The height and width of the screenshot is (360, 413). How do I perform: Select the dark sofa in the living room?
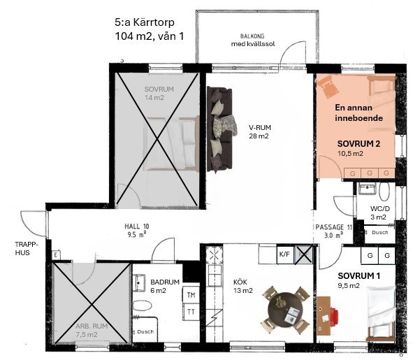tap(220, 129)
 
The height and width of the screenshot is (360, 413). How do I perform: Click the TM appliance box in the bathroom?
tap(191, 295)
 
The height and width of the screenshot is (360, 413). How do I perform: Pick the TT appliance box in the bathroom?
tap(191, 312)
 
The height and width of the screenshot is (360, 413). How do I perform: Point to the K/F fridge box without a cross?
tap(284, 254)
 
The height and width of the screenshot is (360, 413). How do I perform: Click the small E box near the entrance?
tap(56, 255)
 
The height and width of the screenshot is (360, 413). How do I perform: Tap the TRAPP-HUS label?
tap(27, 249)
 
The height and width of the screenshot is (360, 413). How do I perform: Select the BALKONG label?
tap(252, 36)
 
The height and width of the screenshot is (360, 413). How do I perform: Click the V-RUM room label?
tap(260, 127)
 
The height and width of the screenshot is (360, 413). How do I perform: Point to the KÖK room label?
tap(240, 282)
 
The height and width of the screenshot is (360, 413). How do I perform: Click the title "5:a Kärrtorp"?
tap(145, 22)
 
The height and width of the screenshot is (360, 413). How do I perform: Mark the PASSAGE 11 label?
tap(334, 227)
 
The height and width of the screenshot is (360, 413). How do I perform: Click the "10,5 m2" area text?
tap(350, 153)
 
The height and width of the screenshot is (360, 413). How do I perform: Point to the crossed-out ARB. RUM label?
tap(92, 326)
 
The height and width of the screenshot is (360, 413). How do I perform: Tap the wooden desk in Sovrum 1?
tap(324, 316)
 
